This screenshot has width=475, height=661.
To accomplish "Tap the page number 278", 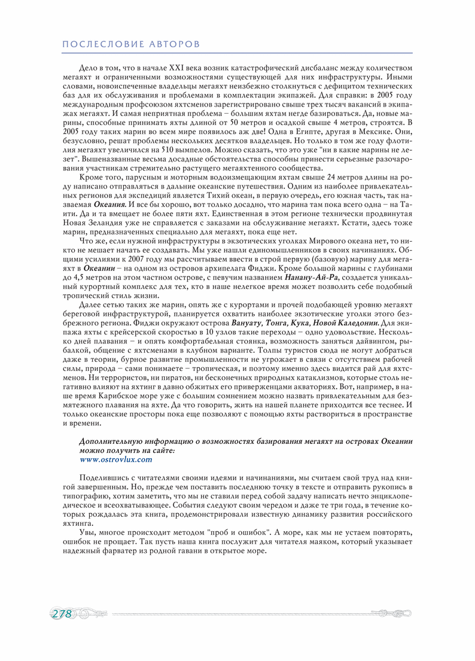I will [62, 614].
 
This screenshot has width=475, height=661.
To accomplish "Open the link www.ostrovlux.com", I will [116, 459].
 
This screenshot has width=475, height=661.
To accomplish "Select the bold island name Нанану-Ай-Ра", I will [312, 277].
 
